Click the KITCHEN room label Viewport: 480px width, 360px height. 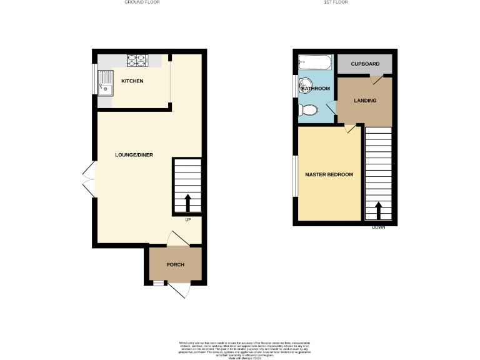click(x=132, y=81)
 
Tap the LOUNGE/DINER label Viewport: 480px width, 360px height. click(x=134, y=155)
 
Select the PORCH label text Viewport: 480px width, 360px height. click(x=175, y=265)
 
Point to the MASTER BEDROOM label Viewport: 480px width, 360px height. click(x=329, y=175)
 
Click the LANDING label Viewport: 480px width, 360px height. click(x=364, y=100)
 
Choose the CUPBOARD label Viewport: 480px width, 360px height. click(x=364, y=64)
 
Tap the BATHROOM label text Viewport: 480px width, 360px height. click(x=316, y=89)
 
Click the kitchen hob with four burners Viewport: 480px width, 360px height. click(x=136, y=61)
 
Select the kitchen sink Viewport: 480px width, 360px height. click(x=106, y=82)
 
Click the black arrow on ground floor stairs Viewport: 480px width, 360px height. click(x=187, y=203)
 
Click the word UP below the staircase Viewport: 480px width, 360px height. click(x=187, y=219)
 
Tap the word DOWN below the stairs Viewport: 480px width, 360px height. click(x=378, y=227)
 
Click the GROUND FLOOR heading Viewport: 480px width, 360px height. click(x=142, y=2)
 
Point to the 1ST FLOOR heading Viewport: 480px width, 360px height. click(x=336, y=2)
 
